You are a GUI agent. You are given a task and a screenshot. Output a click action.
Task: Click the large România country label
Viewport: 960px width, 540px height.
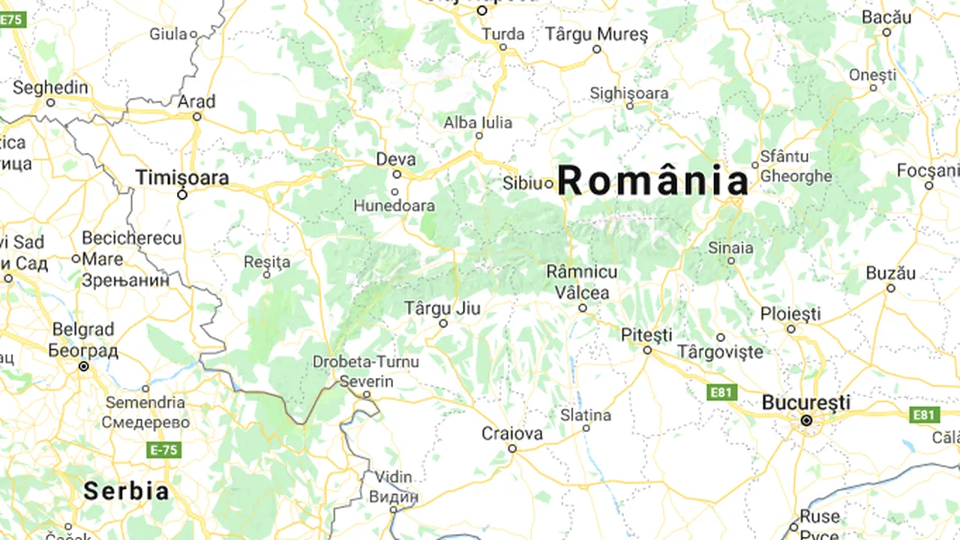coord(652,181)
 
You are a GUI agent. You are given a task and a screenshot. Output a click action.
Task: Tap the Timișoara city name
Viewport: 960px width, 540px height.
coord(182,178)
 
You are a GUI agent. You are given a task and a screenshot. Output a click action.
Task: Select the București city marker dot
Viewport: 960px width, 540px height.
coord(806,421)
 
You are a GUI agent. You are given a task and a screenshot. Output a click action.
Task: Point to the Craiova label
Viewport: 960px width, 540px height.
coord(512,433)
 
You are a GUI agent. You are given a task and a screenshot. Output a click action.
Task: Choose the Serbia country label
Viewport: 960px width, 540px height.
coord(126,491)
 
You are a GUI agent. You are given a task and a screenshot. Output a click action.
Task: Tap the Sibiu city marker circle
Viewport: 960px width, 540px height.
coord(549,183)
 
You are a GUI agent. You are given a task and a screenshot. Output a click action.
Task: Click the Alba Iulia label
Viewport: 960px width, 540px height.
coord(478,122)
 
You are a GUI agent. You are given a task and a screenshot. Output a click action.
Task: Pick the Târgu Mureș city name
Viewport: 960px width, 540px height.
coord(596,34)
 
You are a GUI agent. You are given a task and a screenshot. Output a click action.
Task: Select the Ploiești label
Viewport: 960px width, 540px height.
coord(790,314)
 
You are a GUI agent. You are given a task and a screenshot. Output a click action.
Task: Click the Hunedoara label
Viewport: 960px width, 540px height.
coord(394,205)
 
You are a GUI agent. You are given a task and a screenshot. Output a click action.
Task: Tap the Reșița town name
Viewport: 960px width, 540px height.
coord(267,262)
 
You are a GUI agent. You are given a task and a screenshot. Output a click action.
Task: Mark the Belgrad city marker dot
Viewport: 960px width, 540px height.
coord(84,366)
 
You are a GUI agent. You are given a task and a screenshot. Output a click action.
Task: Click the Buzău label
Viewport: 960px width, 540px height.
coord(891,274)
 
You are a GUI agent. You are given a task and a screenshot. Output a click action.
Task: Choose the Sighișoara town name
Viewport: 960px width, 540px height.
coord(628,94)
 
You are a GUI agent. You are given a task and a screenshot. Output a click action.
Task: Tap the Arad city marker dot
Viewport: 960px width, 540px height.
coord(197,116)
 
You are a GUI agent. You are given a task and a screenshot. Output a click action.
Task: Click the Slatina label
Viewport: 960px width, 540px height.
coord(586,415)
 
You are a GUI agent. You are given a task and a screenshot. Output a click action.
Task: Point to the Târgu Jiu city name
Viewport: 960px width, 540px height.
coord(442,308)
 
